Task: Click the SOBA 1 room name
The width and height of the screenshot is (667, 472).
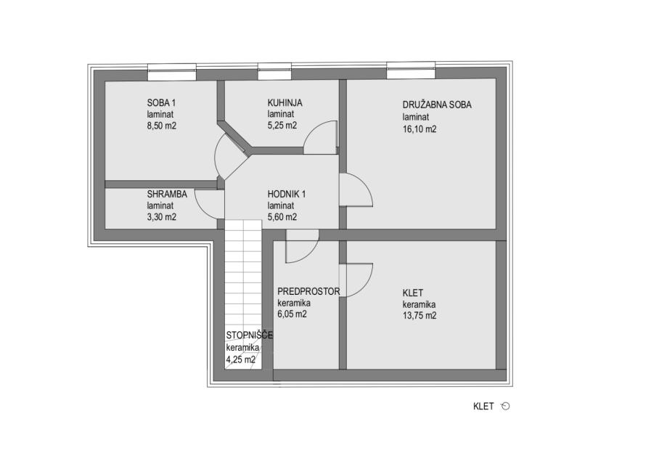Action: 161,103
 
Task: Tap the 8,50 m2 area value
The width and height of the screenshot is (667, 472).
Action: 162,126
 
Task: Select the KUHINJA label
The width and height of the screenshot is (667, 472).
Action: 285,103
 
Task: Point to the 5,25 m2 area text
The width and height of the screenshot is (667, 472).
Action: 282,126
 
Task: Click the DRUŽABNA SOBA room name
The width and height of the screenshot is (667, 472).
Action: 437,105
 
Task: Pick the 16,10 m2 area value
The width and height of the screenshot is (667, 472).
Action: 420,129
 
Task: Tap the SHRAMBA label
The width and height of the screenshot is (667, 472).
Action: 167,194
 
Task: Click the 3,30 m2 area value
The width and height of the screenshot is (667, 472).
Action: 162,217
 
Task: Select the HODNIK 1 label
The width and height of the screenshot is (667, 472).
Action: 286,194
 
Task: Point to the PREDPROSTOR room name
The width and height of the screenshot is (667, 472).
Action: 308,291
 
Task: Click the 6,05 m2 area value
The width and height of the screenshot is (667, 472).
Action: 292,314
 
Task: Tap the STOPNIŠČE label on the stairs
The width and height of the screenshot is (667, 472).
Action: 249,335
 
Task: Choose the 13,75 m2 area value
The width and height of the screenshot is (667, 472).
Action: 420,316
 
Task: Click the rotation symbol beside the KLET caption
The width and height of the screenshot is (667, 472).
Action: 505,406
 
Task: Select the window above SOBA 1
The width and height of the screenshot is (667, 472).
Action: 172,73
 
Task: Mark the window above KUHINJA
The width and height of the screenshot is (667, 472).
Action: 274,72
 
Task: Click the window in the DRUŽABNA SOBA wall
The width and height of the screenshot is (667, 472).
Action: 411,70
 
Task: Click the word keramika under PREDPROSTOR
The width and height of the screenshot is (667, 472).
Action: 293,303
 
